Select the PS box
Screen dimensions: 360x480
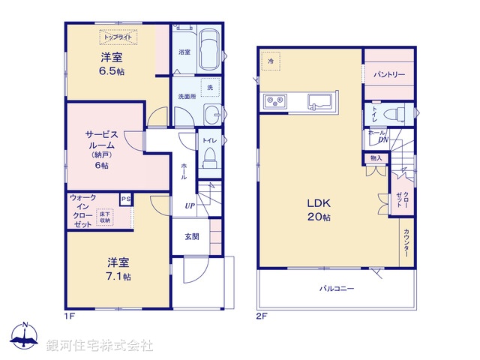coord(125,199)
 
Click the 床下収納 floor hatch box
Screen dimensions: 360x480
coord(103,217)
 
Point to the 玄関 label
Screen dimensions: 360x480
coord(192,236)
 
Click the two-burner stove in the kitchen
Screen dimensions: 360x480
coord(273,100)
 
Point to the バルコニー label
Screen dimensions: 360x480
coord(336,289)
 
